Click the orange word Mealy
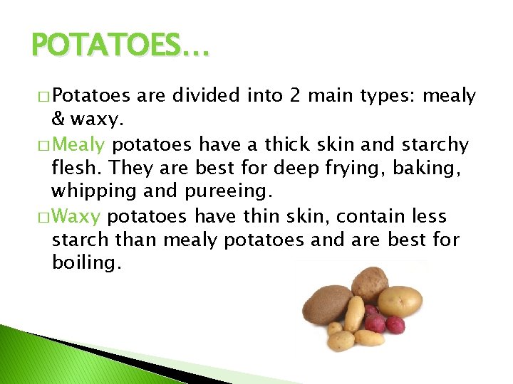coord(79,145)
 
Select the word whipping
coord(87,192)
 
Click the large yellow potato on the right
coord(400,302)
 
